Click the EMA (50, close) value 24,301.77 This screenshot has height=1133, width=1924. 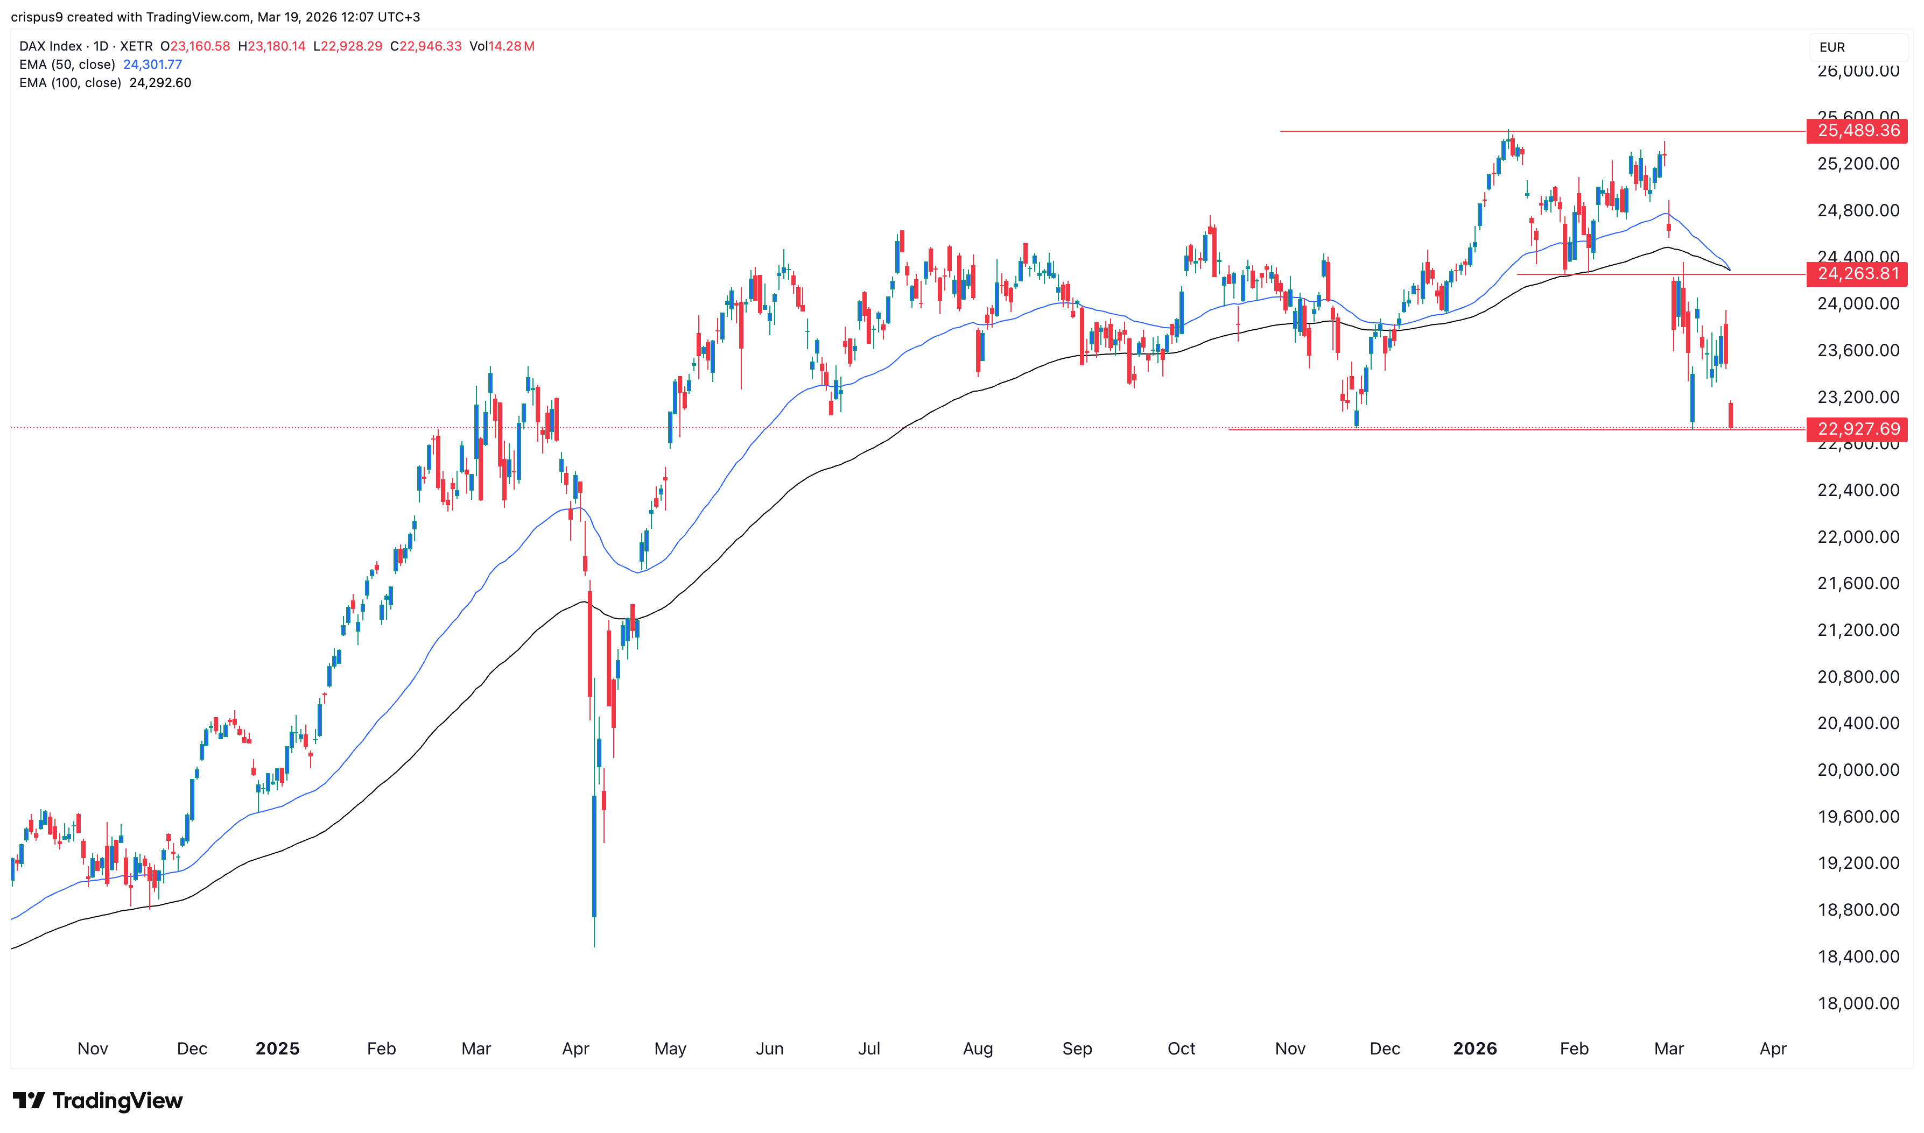pos(153,64)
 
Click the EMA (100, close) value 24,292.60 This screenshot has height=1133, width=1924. pos(160,82)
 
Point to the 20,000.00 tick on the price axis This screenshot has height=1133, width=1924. pos(1858,769)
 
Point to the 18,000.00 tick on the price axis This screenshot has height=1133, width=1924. pos(1858,1003)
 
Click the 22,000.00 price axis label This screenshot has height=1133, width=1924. pos(1858,537)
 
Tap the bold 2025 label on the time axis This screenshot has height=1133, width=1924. pos(277,1048)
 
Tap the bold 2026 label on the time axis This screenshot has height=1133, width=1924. pos(1475,1048)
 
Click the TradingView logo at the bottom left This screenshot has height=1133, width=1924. pos(98,1100)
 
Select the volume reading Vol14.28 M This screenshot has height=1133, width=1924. pos(502,46)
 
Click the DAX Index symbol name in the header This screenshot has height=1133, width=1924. pos(51,46)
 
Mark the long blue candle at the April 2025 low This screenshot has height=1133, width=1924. pos(594,855)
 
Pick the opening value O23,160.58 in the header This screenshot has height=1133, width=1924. pos(195,46)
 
